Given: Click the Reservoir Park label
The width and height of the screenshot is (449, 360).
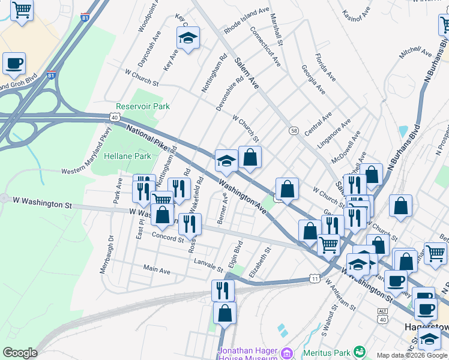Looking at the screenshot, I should pyautogui.click(x=143, y=106).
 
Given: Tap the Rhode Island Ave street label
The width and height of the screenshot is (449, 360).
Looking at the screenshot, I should pyautogui.click(x=246, y=20).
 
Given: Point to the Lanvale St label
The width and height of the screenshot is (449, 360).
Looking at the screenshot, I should pyautogui.click(x=208, y=264).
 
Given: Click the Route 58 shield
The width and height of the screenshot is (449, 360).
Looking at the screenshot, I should pyautogui.click(x=294, y=131).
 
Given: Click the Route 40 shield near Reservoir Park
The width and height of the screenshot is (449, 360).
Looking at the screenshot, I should pyautogui.click(x=114, y=117).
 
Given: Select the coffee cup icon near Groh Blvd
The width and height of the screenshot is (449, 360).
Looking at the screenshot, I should pyautogui.click(x=14, y=63).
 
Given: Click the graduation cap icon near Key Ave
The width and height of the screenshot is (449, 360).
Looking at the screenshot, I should pyautogui.click(x=188, y=38).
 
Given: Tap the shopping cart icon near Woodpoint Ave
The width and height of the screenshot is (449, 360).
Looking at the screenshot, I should pyautogui.click(x=22, y=10).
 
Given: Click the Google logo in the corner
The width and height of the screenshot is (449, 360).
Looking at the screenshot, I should pyautogui.click(x=20, y=353).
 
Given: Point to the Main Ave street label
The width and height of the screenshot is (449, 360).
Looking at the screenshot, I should pyautogui.click(x=156, y=271).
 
